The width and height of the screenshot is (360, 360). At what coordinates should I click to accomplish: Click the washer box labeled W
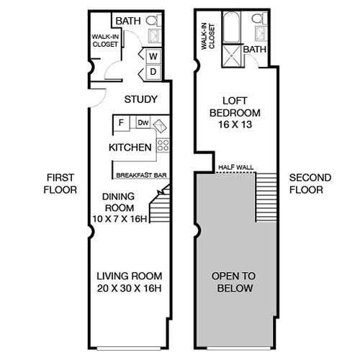(153, 56)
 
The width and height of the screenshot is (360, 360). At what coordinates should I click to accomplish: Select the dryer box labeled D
(153, 72)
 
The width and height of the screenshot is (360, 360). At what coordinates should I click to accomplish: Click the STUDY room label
(141, 99)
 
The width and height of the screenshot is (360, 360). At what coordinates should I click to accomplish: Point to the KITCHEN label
(130, 148)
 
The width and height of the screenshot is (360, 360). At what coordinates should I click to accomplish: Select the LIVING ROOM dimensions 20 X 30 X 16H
(130, 288)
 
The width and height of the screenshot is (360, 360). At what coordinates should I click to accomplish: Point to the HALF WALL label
(235, 167)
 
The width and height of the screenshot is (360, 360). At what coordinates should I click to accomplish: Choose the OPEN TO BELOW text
(235, 282)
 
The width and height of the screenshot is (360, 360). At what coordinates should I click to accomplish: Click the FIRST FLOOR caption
(60, 184)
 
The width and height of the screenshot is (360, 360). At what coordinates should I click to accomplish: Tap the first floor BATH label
(129, 21)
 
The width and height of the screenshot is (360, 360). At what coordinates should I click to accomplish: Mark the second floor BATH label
(253, 50)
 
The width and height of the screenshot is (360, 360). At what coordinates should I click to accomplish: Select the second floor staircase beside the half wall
(266, 198)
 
